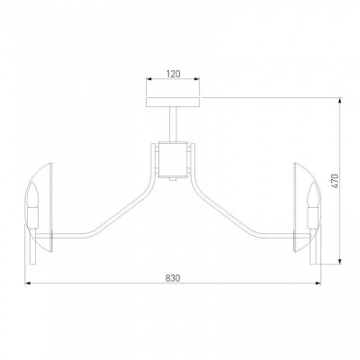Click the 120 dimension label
tap(173, 74)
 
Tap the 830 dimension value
tap(173, 278)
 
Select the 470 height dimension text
tap(335, 181)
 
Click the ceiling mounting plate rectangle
tap(173, 102)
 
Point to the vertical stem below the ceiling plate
tap(173, 124)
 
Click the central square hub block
tap(173, 159)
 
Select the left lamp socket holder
tap(32, 217)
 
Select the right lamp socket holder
tap(313, 217)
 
